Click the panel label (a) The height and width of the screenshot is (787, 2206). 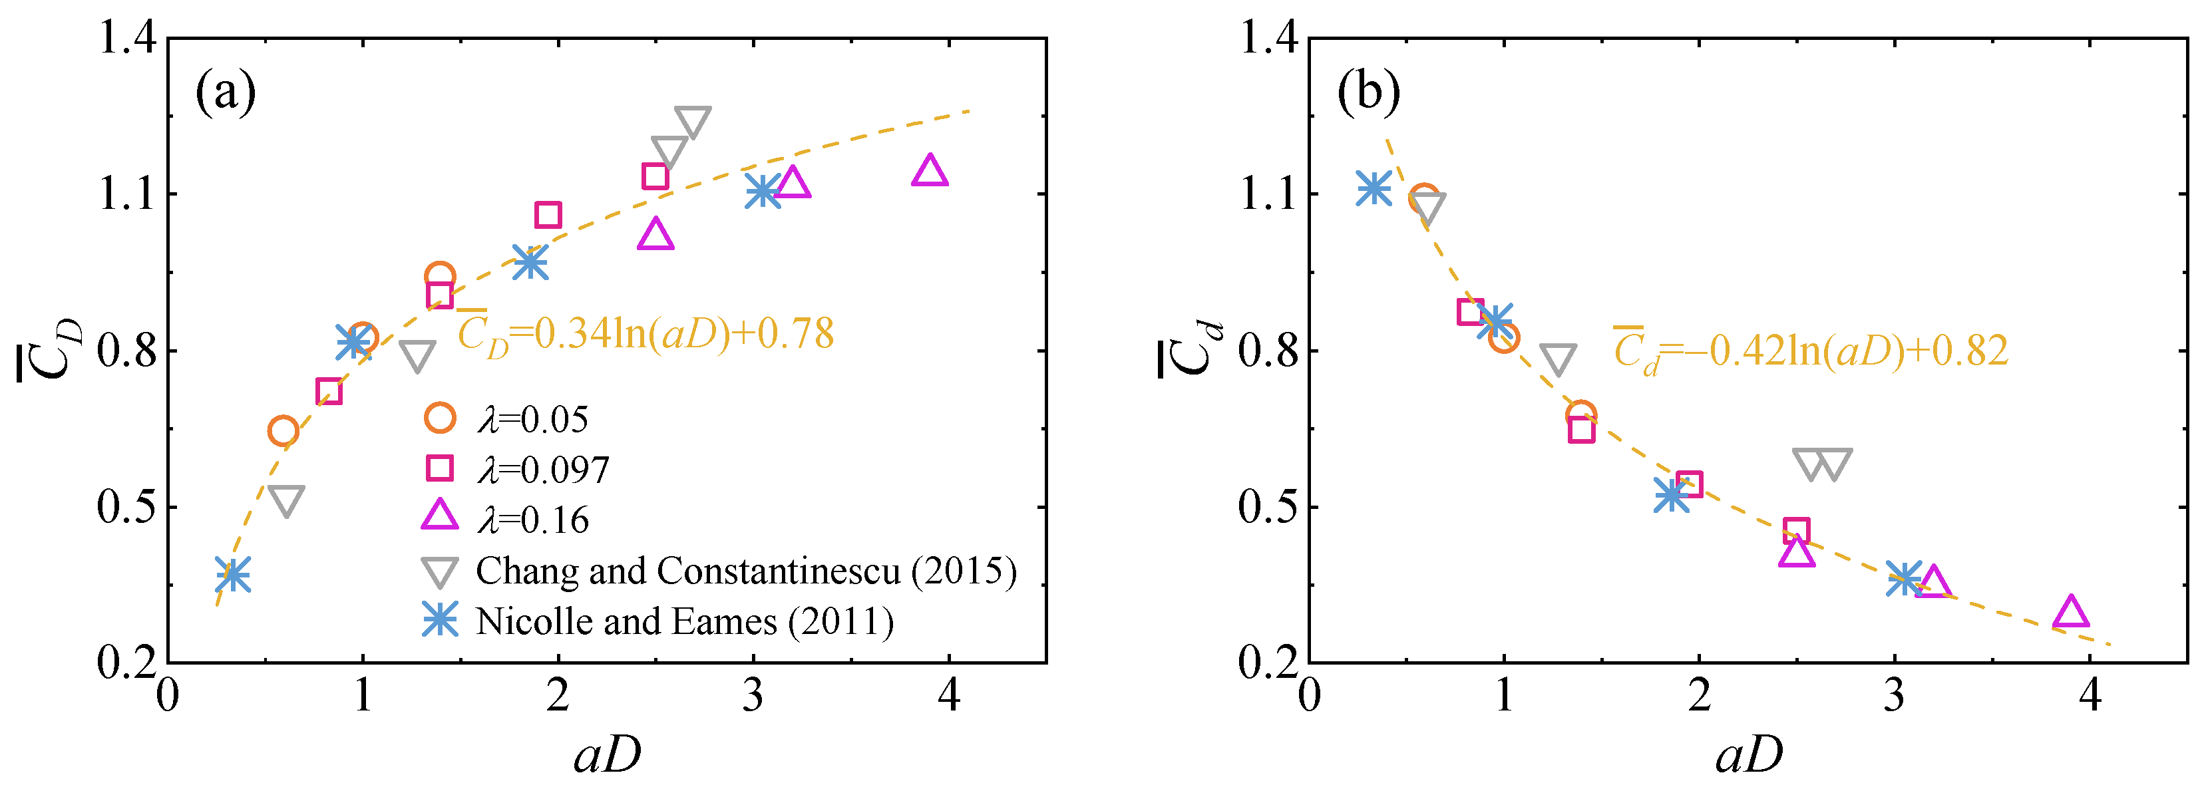[225, 92]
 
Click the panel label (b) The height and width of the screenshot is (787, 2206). [1368, 92]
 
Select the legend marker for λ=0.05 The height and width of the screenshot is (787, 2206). [440, 418]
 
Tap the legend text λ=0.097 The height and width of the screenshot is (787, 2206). [543, 469]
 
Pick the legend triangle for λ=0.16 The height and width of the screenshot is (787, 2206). [440, 516]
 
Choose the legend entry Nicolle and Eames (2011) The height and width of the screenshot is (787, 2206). [684, 621]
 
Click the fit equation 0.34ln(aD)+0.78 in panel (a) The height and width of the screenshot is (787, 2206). [645, 334]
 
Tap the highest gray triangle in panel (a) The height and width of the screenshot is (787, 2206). [692, 121]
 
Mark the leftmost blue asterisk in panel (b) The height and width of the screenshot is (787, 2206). [1374, 188]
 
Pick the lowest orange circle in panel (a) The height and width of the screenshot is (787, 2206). [283, 430]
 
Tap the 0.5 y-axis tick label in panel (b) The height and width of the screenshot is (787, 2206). [1268, 507]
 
